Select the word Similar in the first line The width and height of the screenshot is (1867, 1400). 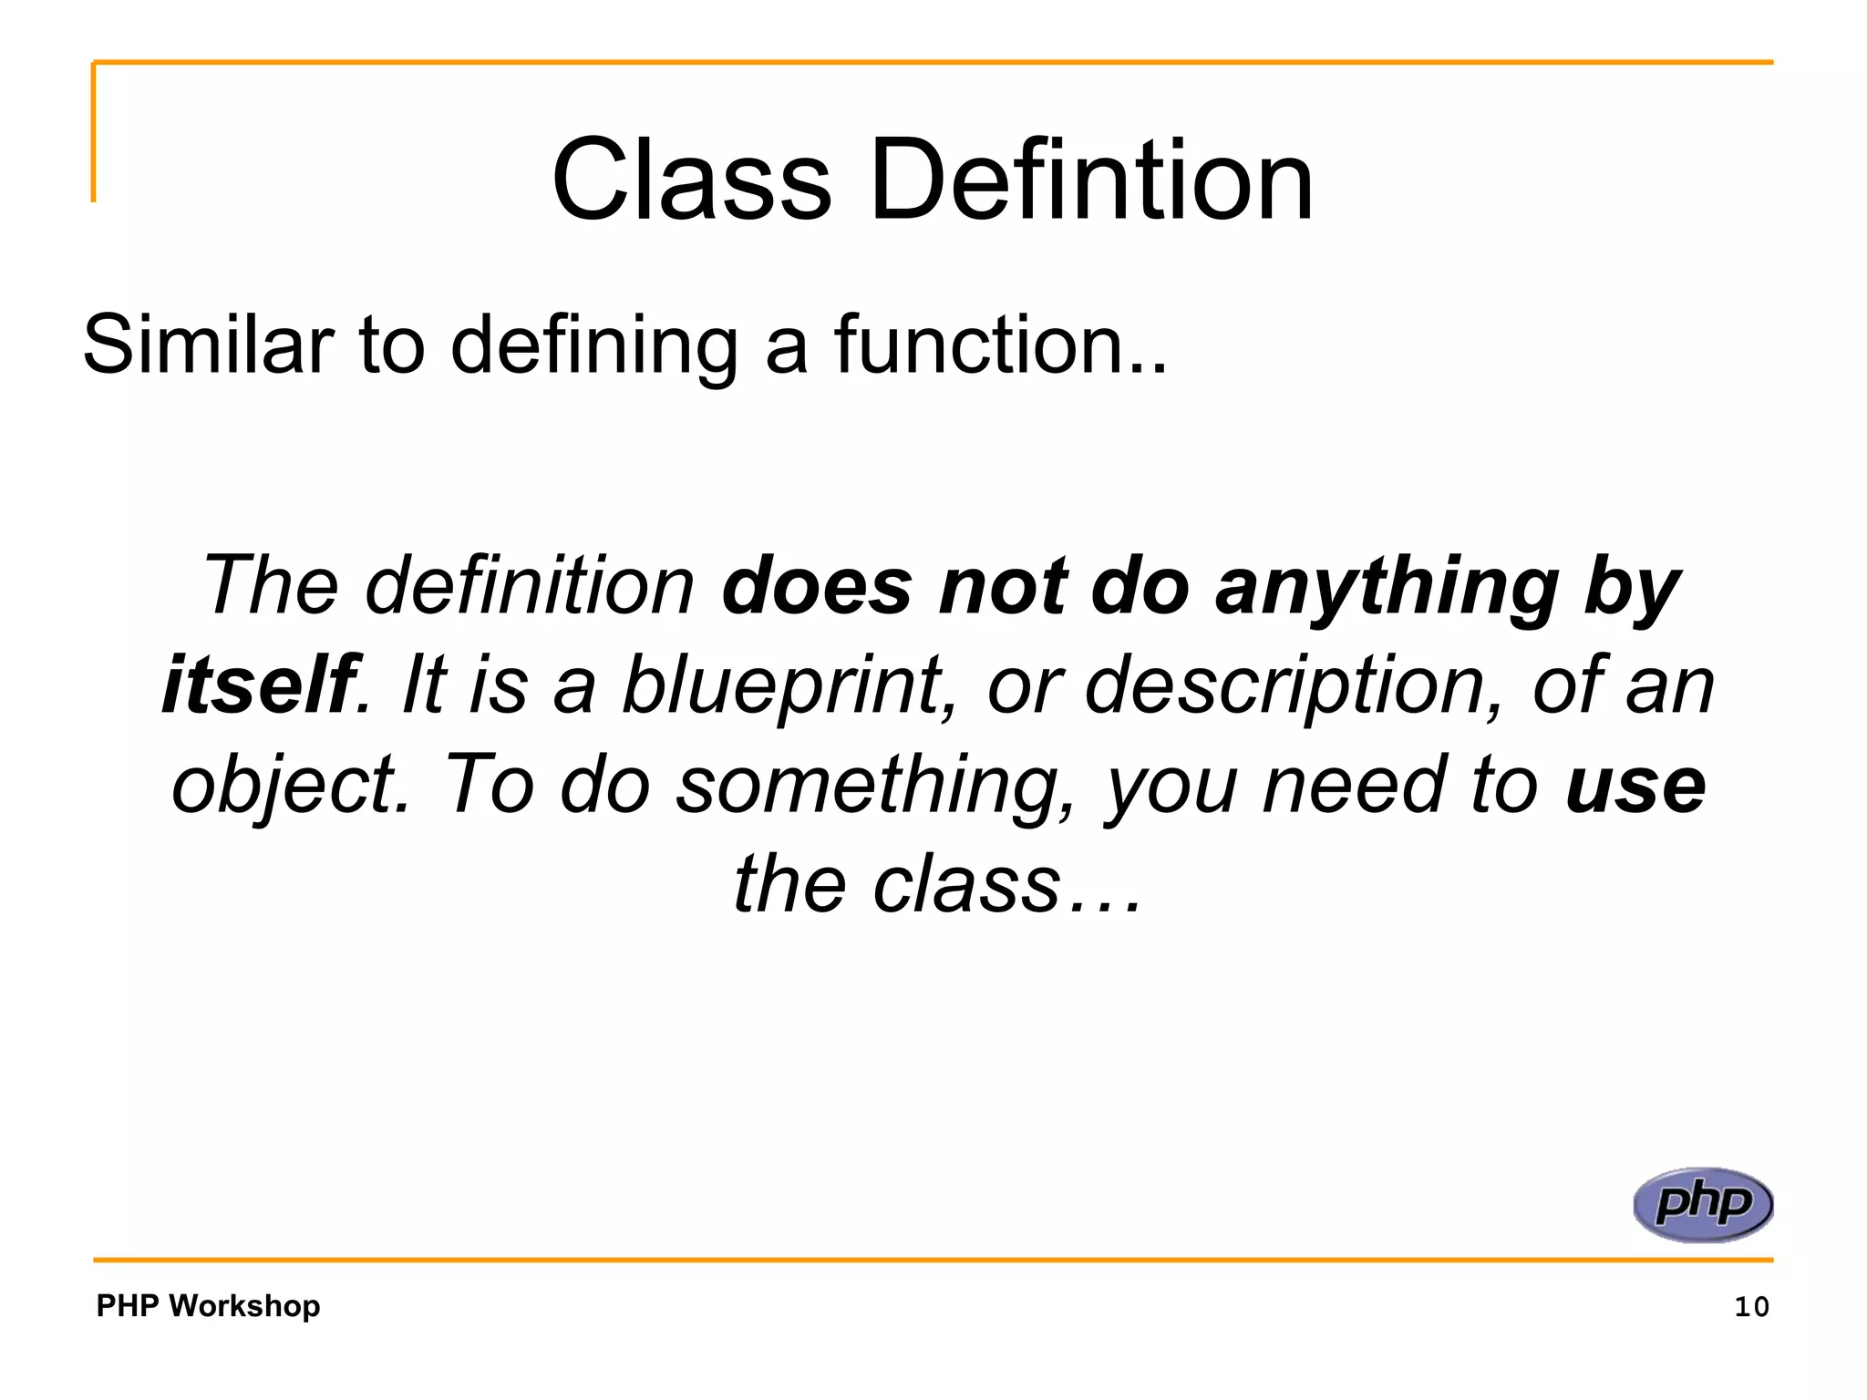208,345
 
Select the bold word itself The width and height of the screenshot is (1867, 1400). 258,685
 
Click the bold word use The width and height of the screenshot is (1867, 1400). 1635,787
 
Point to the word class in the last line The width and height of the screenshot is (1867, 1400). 965,885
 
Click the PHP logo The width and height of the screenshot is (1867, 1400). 1702,1204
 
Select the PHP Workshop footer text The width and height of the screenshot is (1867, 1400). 208,1305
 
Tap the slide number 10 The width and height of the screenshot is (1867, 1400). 1750,1307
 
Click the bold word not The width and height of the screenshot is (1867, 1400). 1002,586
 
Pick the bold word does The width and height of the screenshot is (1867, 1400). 816,586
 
